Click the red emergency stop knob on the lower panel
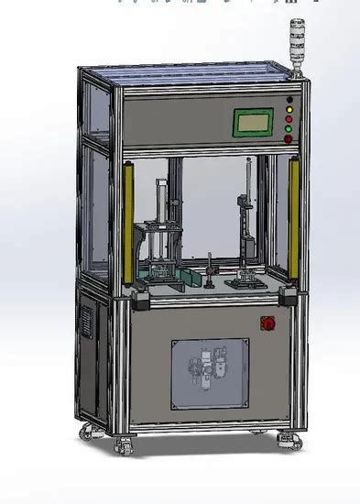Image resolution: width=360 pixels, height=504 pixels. (x=268, y=323)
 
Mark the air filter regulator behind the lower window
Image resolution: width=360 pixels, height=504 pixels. (x=207, y=371)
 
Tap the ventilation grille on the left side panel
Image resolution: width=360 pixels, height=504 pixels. (x=88, y=323)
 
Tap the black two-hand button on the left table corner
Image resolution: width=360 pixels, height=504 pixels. (x=141, y=297)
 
